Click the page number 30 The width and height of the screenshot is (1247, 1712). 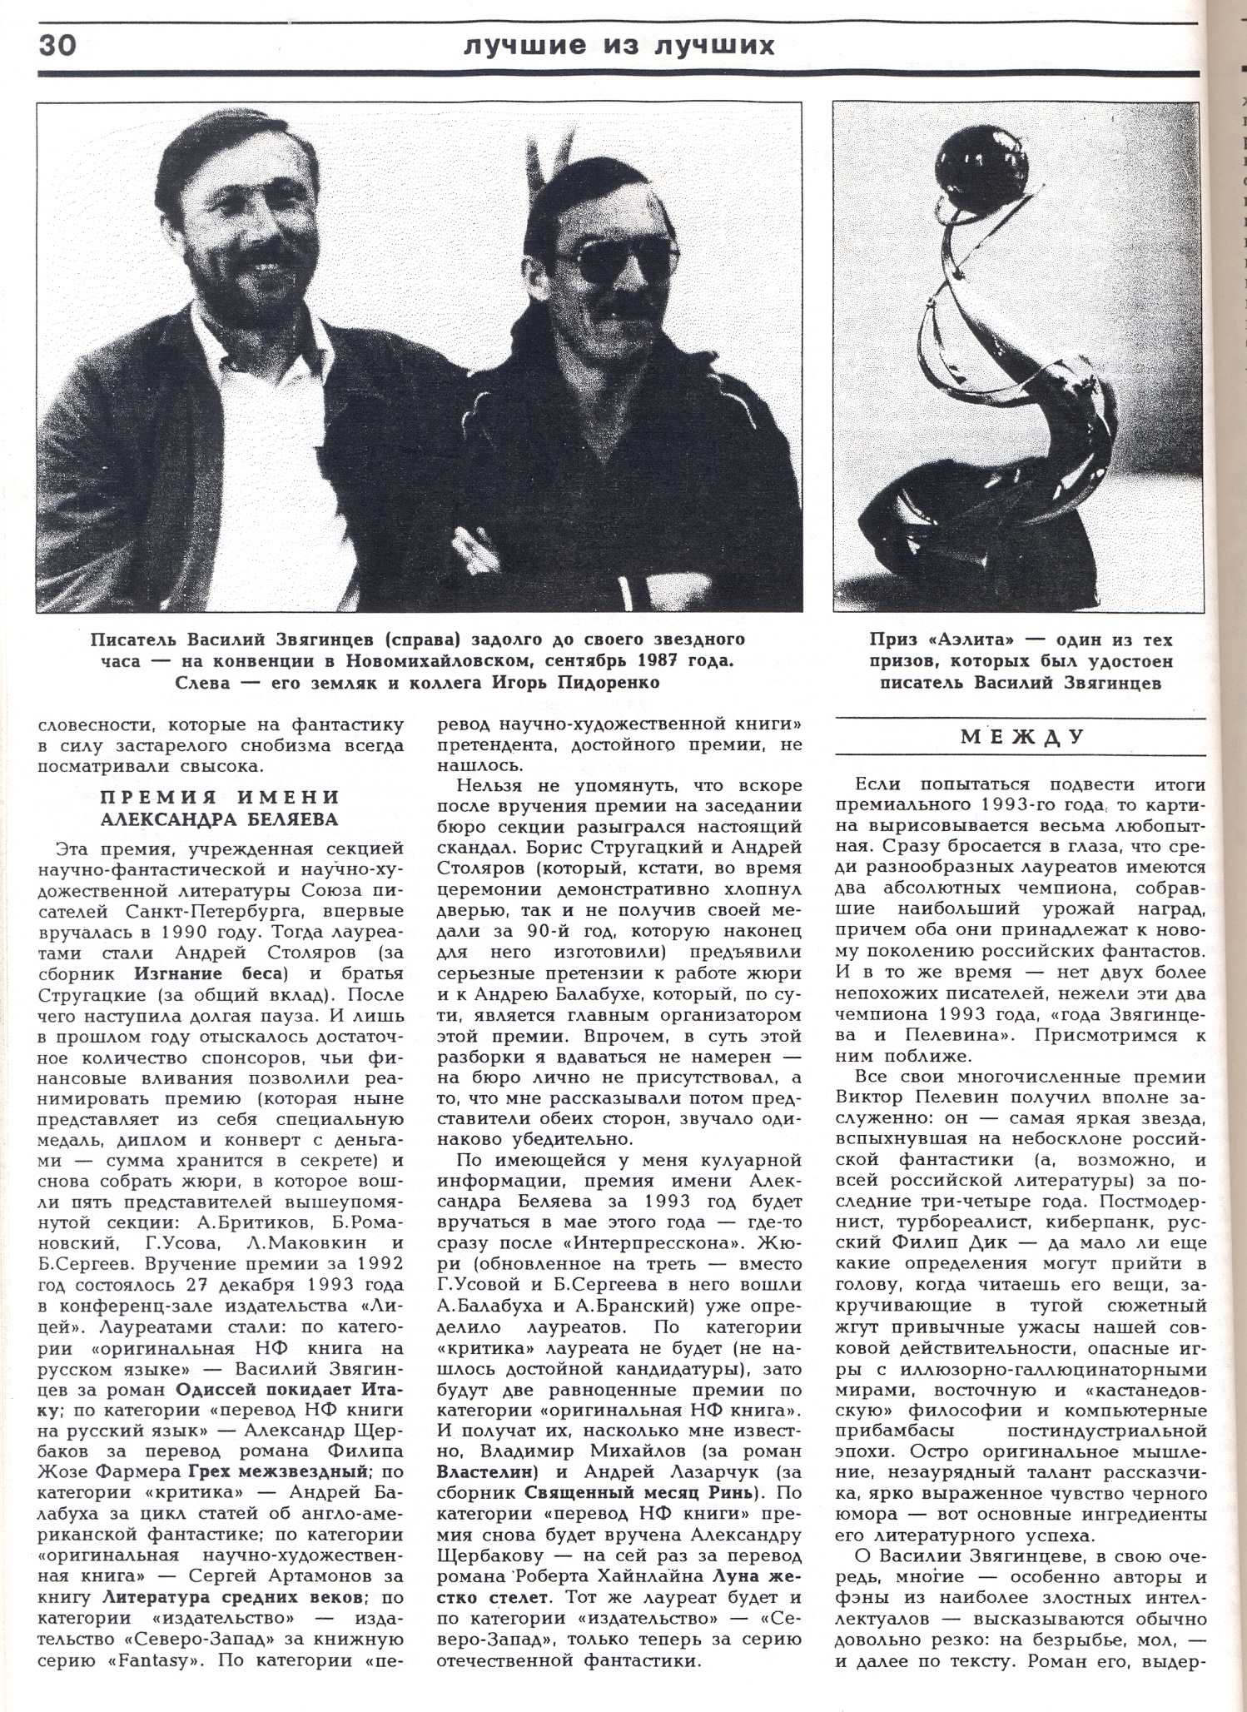[x=57, y=44]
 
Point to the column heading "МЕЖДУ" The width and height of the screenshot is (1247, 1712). [x=1023, y=737]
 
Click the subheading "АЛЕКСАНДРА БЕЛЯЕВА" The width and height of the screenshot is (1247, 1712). [x=220, y=819]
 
